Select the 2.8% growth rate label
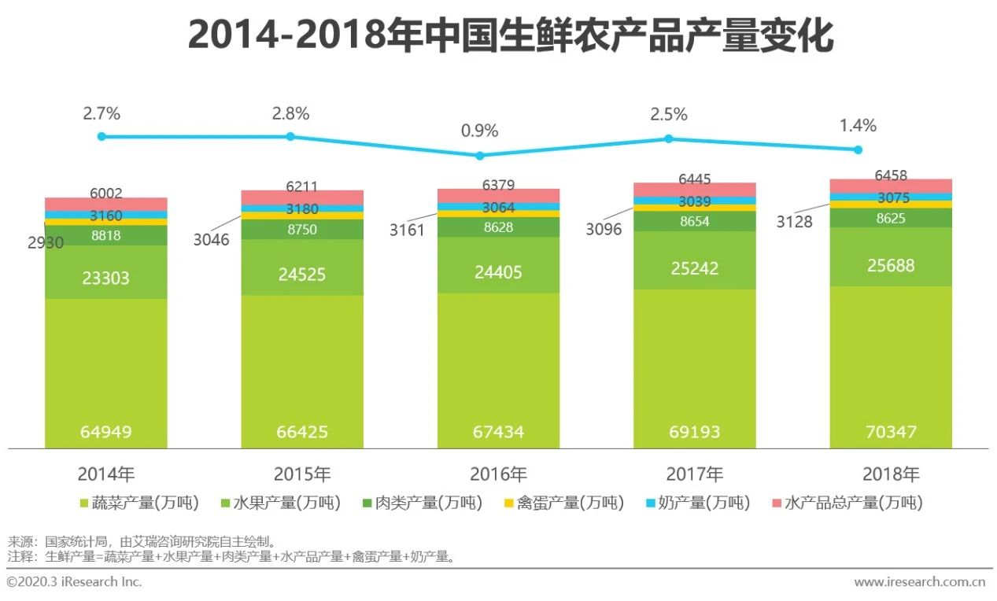pyautogui.click(x=290, y=113)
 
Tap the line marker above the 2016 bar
pyautogui.click(x=480, y=155)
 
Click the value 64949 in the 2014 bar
pyautogui.click(x=105, y=432)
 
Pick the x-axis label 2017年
pyautogui.click(x=694, y=474)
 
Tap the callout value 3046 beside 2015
pyautogui.click(x=212, y=240)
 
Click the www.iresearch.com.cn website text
pyautogui.click(x=919, y=582)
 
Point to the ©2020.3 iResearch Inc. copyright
pyautogui.click(x=74, y=582)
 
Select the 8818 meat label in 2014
pyautogui.click(x=105, y=234)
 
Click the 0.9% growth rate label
pyautogui.click(x=480, y=131)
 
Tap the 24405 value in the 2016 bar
pyautogui.click(x=498, y=272)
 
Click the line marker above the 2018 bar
pyautogui.click(x=859, y=149)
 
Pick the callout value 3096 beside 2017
pyautogui.click(x=604, y=230)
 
